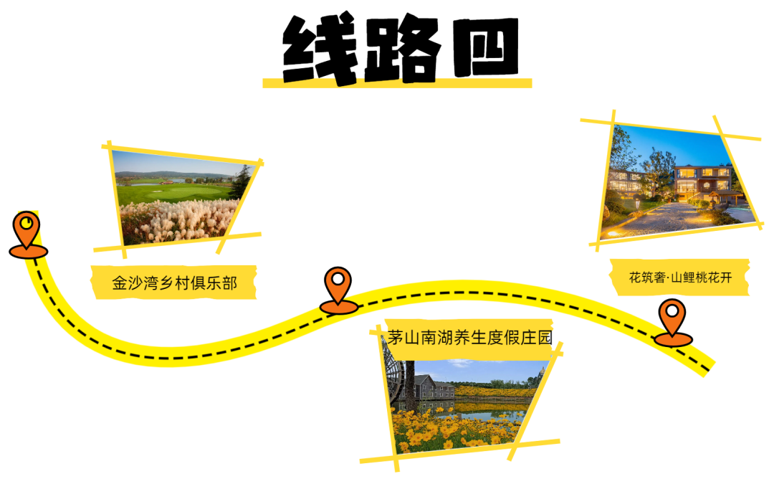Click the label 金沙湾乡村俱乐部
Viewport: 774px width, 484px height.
tap(174, 283)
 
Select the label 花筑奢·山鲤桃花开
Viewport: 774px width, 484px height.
tap(680, 277)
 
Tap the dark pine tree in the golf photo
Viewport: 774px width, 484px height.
tap(242, 183)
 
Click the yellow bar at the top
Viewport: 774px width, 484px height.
tap(397, 83)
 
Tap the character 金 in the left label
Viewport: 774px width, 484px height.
tap(119, 283)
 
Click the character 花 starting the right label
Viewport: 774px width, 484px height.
tap(635, 277)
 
